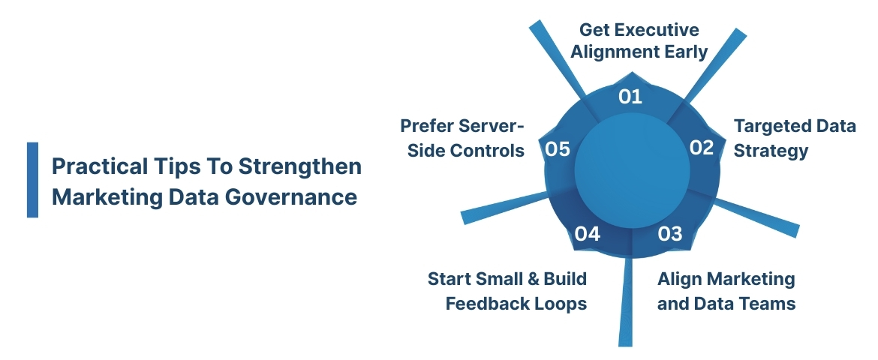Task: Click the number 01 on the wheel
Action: pyautogui.click(x=630, y=96)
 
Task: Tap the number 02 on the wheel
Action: pyautogui.click(x=702, y=148)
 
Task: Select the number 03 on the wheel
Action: pyautogui.click(x=670, y=234)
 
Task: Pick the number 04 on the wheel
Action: pyautogui.click(x=588, y=234)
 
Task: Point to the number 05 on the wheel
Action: pyautogui.click(x=558, y=149)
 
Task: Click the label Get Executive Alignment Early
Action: pyautogui.click(x=639, y=41)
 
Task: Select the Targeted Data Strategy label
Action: pyautogui.click(x=794, y=138)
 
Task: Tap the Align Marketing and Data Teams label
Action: pyautogui.click(x=726, y=291)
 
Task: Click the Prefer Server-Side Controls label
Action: pyautogui.click(x=462, y=138)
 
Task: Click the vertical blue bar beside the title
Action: pyautogui.click(x=32, y=180)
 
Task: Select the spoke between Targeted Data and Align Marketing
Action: pyautogui.click(x=758, y=217)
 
